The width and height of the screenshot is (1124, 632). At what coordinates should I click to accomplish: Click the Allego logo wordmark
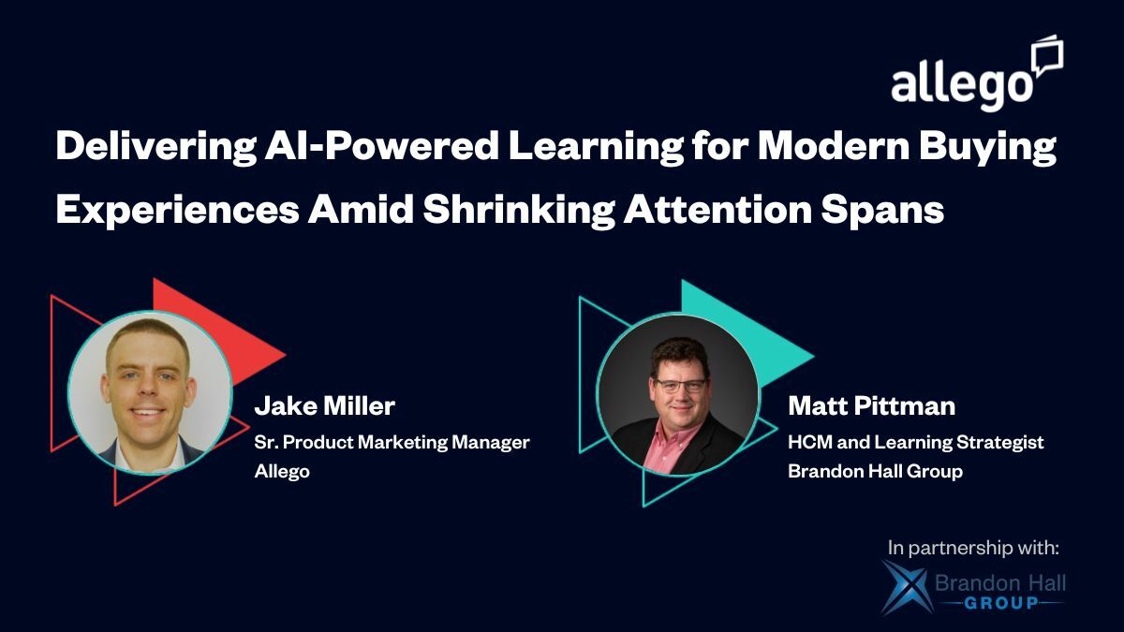pos(961,86)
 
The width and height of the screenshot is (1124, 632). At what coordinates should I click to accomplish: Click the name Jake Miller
pos(324,406)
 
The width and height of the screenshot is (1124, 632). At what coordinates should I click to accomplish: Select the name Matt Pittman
pos(870,406)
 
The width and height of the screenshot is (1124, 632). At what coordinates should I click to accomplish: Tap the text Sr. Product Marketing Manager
pos(392,442)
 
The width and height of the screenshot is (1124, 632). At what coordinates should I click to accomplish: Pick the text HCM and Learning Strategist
pos(915,442)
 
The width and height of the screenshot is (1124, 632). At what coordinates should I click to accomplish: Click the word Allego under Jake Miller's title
pos(282,471)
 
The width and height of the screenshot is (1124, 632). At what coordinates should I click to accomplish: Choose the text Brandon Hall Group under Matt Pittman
pos(875,471)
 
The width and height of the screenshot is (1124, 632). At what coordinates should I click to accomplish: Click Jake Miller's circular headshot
pos(150,392)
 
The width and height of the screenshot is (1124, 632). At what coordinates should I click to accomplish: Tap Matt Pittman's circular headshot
pos(678,394)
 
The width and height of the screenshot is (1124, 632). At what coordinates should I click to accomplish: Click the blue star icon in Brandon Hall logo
pos(905,588)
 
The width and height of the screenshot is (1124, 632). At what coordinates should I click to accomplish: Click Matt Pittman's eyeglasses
pos(680,385)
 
